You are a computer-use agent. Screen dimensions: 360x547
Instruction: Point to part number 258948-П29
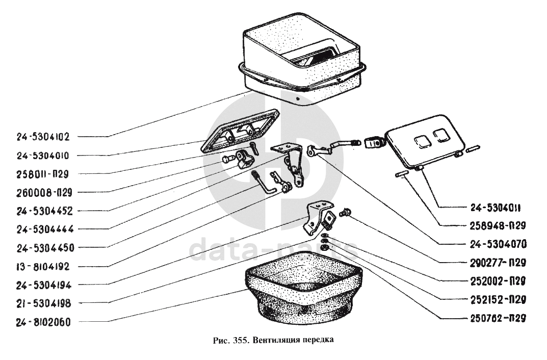point(497,225)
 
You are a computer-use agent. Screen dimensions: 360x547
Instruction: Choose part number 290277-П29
point(497,263)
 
